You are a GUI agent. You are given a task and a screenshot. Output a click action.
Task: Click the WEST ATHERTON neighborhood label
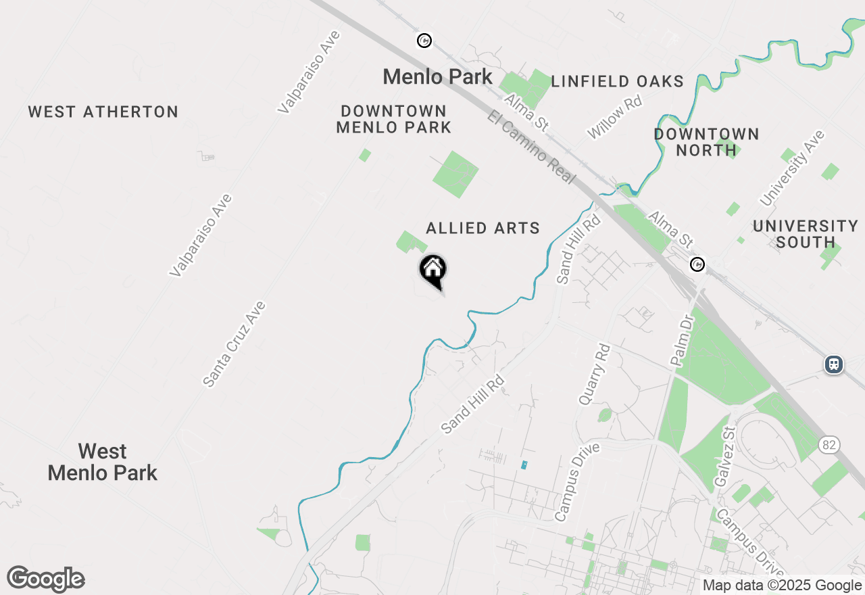coord(103,112)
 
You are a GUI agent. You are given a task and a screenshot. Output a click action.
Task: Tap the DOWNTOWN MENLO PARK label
coord(393,119)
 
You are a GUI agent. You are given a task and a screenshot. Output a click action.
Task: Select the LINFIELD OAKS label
coord(617,82)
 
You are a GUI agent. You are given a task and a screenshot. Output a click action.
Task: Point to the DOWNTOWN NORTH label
coord(706,142)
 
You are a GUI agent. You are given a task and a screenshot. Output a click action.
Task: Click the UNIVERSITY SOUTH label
coord(805,234)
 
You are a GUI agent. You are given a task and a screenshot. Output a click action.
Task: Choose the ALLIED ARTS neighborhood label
coord(483,229)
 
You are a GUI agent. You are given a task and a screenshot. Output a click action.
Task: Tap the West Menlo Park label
coord(103,462)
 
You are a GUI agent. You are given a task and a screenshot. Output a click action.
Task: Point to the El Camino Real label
coord(531,147)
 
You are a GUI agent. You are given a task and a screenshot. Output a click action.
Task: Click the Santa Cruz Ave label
coord(234,344)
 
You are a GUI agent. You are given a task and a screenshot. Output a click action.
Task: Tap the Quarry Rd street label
coord(593,375)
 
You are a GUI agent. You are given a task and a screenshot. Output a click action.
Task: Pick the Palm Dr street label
coord(683,340)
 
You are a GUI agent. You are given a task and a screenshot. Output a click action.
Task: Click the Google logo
coord(46,579)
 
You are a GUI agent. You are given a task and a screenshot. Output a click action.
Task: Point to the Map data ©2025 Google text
coord(782,586)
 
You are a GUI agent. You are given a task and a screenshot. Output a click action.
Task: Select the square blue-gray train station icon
coord(834,364)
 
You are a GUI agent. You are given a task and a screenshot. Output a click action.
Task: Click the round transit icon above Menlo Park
coord(424,41)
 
